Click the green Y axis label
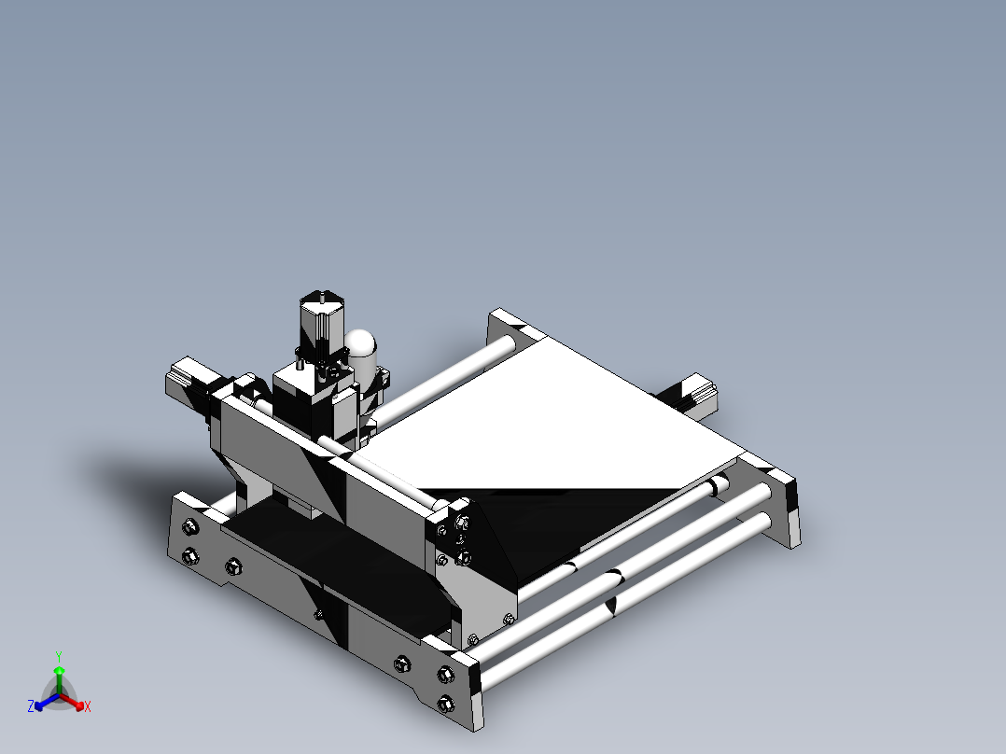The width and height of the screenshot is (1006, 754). pyautogui.click(x=58, y=655)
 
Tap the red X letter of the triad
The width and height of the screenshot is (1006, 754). pyautogui.click(x=88, y=707)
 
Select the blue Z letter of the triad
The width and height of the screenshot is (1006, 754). pyautogui.click(x=31, y=707)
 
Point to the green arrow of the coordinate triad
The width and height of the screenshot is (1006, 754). pyautogui.click(x=58, y=676)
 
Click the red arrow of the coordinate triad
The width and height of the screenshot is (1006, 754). pyautogui.click(x=75, y=703)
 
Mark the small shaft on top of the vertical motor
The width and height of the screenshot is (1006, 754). pyautogui.click(x=321, y=296)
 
